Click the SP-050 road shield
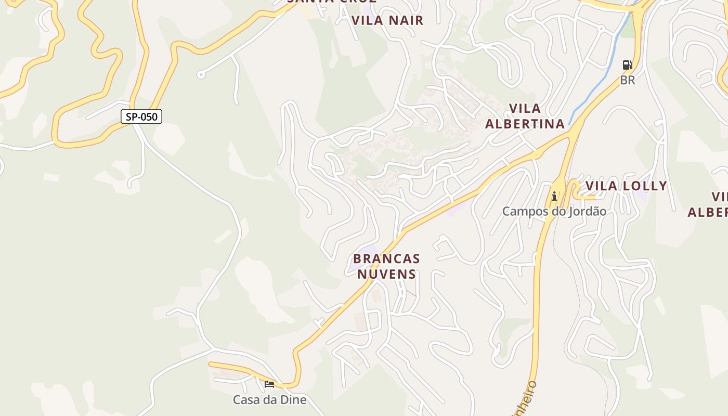click(x=141, y=116)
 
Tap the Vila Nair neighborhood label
click(x=387, y=20)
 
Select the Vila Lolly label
click(x=626, y=186)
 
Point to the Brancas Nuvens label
click(x=386, y=266)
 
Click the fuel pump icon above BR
click(x=628, y=65)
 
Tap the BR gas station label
click(x=628, y=81)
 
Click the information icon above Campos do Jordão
click(x=554, y=196)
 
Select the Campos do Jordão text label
click(x=554, y=212)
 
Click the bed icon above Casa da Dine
click(x=269, y=384)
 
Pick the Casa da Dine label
click(x=269, y=400)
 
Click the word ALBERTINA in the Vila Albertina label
click(x=525, y=124)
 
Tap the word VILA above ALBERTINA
click(x=525, y=109)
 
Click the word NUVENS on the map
click(x=386, y=274)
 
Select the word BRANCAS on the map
click(x=386, y=258)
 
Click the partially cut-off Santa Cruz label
click(x=332, y=2)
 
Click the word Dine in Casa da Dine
click(x=293, y=400)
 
